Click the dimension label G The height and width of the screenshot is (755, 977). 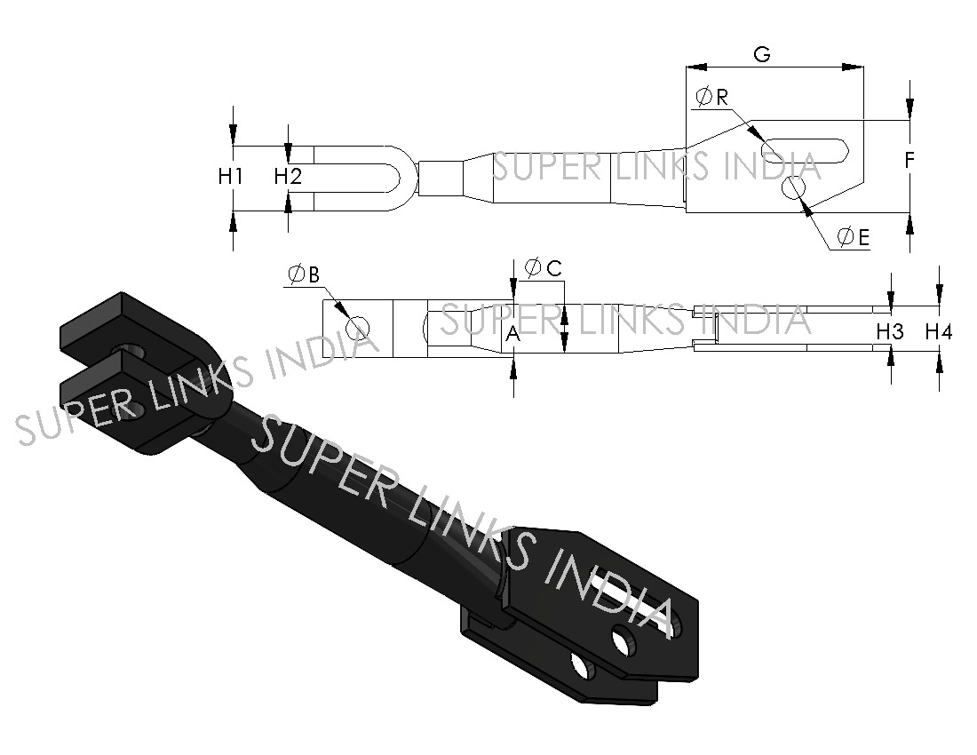[761, 53]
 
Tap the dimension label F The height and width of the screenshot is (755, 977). [909, 161]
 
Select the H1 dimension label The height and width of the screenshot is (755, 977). [231, 177]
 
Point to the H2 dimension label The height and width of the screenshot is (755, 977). [288, 177]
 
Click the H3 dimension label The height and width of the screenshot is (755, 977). [890, 331]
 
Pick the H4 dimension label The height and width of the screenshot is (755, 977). [939, 331]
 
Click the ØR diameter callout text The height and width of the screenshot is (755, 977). [712, 97]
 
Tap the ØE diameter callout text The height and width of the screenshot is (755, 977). [852, 236]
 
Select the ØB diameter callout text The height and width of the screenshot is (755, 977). [302, 275]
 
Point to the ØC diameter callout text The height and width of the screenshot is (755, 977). [544, 267]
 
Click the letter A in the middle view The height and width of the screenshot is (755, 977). [512, 334]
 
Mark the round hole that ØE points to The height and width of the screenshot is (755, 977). [794, 188]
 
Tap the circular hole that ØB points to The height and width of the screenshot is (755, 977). [358, 328]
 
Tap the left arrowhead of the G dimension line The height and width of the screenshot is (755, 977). [693, 66]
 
